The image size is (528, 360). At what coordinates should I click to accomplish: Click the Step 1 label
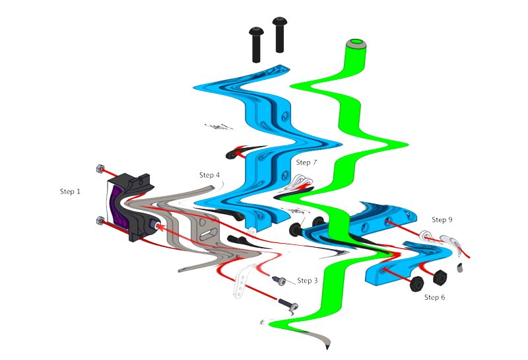click(x=70, y=192)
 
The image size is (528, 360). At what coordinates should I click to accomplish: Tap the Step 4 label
click(x=209, y=175)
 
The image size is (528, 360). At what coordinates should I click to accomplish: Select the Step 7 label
click(x=307, y=162)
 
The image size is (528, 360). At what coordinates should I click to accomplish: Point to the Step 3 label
click(x=307, y=281)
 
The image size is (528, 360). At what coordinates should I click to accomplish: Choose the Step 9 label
click(x=442, y=219)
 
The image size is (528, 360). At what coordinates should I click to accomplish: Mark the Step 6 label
click(x=434, y=297)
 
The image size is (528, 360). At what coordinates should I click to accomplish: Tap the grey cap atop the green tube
click(x=356, y=44)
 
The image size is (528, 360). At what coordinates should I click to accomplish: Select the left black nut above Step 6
click(x=416, y=283)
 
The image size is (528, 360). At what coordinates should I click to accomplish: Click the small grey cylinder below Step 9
click(x=460, y=268)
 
